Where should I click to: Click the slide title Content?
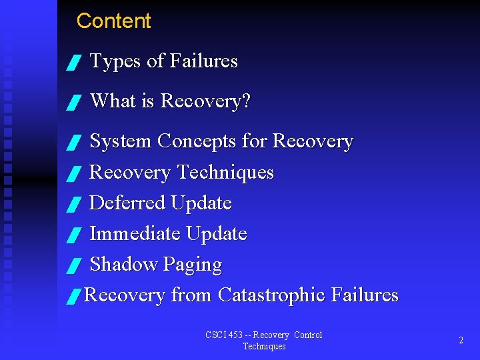click(113, 21)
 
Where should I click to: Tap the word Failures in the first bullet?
click(203, 61)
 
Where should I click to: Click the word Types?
click(115, 61)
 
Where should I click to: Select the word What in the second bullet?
click(113, 101)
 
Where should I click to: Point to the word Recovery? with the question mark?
click(206, 101)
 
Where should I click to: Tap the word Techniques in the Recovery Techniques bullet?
click(225, 173)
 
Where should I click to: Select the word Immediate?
click(135, 234)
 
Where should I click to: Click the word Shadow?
click(123, 265)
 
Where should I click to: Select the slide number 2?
click(461, 340)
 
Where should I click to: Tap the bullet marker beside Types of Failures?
click(74, 63)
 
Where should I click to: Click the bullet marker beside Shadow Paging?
click(74, 267)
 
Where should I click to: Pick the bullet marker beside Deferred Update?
click(74, 205)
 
